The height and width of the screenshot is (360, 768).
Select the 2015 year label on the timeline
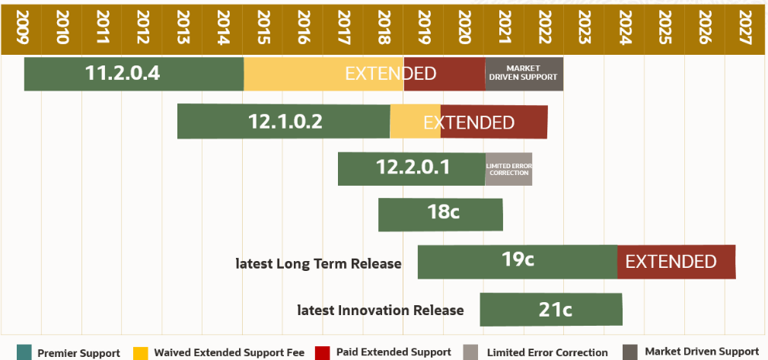click(262, 28)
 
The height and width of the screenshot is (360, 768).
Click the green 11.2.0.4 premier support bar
click(133, 74)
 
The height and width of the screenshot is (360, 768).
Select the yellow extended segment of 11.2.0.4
click(323, 74)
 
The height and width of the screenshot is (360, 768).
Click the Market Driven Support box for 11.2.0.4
click(524, 74)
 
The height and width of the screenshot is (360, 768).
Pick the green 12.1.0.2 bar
click(283, 122)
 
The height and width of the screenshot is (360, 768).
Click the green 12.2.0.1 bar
click(411, 168)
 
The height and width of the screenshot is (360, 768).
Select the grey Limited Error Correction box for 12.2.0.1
click(508, 168)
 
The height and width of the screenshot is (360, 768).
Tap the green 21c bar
click(551, 309)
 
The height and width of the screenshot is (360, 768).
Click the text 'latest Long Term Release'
click(318, 264)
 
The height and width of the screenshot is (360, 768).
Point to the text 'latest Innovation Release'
click(380, 311)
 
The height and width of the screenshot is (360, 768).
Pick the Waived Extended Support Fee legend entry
click(229, 352)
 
